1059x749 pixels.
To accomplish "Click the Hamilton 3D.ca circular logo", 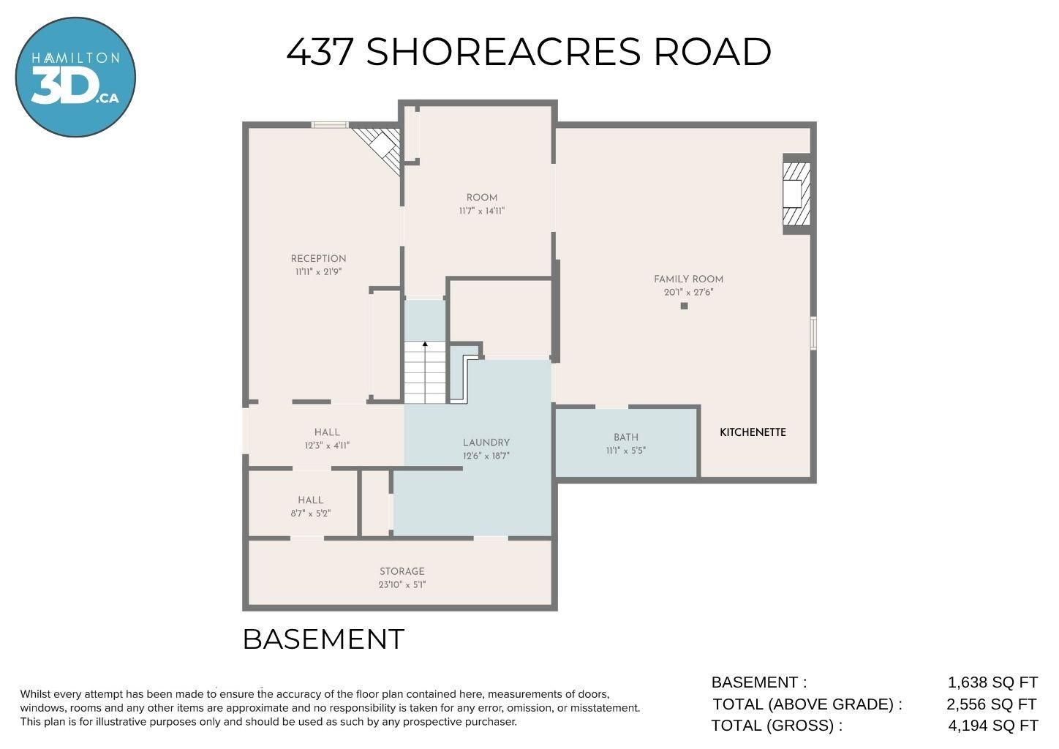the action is (x=75, y=77).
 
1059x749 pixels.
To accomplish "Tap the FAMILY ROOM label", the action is (x=688, y=279).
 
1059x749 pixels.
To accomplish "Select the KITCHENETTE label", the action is (x=753, y=432).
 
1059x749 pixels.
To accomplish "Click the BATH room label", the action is (x=626, y=437).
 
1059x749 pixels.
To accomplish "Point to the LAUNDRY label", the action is (x=486, y=443).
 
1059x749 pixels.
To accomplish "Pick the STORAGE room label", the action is (x=402, y=571).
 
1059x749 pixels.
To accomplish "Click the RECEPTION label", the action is (x=318, y=259).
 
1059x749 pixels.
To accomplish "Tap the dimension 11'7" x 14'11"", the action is (x=482, y=211).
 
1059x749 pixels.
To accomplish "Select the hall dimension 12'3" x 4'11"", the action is (x=327, y=445).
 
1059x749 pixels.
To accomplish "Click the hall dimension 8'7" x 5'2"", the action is (x=311, y=513).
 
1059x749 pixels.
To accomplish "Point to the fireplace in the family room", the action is (x=797, y=194).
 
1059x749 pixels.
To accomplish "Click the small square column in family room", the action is (x=684, y=306).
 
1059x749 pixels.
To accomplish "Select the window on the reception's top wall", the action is (x=330, y=125).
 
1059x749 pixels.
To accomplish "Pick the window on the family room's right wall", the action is (x=813, y=334).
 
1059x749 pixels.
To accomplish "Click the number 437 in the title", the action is (x=320, y=52).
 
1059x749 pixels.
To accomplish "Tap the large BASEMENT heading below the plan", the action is (x=323, y=639).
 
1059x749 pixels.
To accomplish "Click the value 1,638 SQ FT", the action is (x=992, y=682).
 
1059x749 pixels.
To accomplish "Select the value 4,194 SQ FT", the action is (x=993, y=726).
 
